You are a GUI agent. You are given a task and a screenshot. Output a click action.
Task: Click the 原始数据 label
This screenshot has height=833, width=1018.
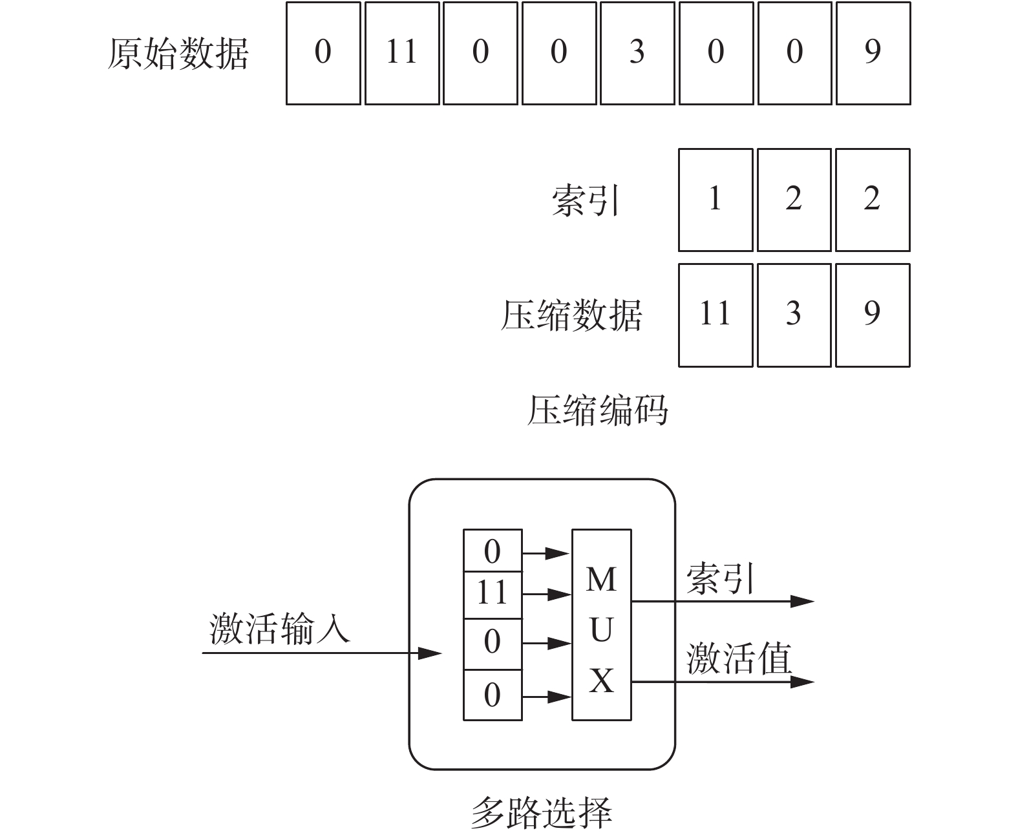178,53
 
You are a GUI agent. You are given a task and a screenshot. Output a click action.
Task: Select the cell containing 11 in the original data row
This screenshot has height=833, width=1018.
401,53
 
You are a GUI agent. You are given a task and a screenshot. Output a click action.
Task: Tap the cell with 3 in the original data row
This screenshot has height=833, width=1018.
637,53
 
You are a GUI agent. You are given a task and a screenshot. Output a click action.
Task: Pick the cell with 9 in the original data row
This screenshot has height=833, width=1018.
873,53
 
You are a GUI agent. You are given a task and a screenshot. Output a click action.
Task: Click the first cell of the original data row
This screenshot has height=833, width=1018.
323,53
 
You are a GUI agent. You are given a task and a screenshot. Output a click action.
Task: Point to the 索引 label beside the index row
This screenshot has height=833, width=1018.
585,200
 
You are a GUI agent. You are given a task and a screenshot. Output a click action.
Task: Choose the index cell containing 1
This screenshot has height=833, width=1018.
715,200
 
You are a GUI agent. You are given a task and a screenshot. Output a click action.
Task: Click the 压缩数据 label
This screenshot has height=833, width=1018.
571,315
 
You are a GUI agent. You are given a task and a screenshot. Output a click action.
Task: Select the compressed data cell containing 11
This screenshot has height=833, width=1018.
715,315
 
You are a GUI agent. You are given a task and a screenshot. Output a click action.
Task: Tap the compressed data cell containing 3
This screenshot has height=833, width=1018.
794,315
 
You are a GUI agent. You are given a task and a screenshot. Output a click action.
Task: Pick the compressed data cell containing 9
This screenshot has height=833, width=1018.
873,315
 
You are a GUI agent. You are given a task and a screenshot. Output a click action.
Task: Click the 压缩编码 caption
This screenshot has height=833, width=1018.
597,410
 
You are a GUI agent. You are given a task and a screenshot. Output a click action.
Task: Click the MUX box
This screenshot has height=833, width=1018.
601,624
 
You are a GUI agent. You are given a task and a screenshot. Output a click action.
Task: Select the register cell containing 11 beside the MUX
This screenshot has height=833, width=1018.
493,594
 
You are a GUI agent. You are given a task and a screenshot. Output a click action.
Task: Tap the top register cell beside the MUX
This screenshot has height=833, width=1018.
493,551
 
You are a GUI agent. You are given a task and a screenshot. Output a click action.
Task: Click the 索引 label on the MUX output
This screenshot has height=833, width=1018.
719,578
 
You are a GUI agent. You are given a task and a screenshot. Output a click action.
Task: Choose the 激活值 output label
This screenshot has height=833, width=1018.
739,659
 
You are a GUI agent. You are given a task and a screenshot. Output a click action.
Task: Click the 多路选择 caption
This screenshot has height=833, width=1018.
540,812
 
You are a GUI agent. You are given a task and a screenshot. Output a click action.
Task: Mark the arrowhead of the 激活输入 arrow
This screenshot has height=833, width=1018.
430,653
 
